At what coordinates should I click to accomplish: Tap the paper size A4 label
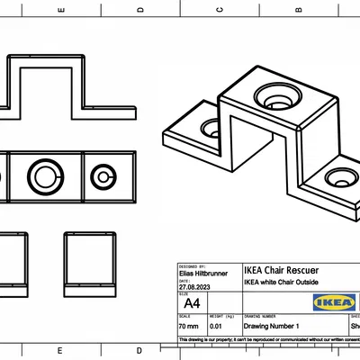point(191,304)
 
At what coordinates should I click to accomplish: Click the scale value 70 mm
point(191,328)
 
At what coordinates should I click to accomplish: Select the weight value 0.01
point(216,328)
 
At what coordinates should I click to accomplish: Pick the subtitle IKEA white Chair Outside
point(287,282)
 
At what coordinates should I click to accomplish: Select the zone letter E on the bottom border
point(59,350)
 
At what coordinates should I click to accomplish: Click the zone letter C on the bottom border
point(220,350)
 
